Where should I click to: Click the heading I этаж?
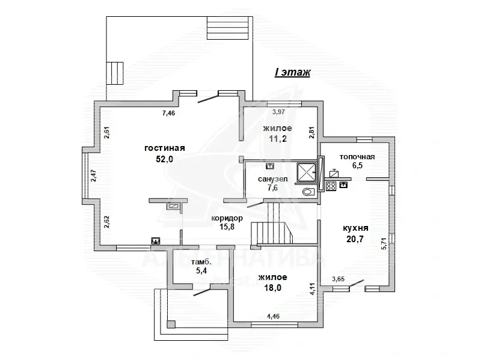click(x=292, y=72)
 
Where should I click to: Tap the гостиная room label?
click(x=165, y=148)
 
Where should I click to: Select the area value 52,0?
click(x=165, y=159)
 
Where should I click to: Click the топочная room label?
click(x=357, y=157)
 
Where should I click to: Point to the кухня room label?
click(x=355, y=228)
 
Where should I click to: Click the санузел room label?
click(x=273, y=178)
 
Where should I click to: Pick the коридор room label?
click(x=227, y=218)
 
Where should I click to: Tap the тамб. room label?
click(x=201, y=262)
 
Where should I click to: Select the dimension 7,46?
click(x=168, y=113)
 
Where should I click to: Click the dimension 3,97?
click(x=278, y=112)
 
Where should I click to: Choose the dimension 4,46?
click(x=274, y=316)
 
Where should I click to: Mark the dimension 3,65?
click(x=339, y=279)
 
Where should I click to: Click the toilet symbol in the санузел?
click(x=308, y=192)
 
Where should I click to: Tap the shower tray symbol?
click(x=306, y=172)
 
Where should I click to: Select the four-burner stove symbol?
click(x=331, y=186)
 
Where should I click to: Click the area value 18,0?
click(x=273, y=288)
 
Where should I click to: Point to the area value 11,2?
click(x=278, y=139)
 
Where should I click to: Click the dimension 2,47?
click(x=94, y=175)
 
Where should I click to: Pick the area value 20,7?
click(x=355, y=239)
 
